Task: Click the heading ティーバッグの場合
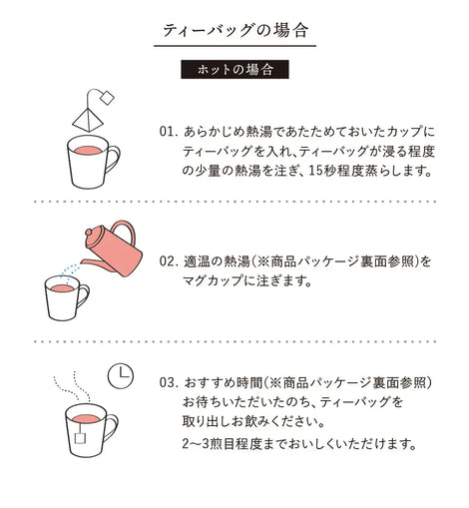tap(234, 31)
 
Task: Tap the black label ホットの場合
tap(234, 69)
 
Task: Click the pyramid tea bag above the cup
tap(88, 120)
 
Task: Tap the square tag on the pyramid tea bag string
tap(107, 98)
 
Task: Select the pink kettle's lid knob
tap(90, 232)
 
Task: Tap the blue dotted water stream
tap(70, 271)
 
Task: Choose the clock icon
tap(121, 376)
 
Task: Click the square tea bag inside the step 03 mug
tap(80, 438)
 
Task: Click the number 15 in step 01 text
tap(315, 171)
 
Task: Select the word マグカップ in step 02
tap(213, 281)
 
